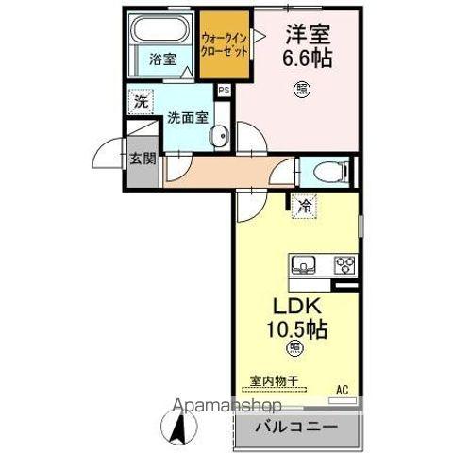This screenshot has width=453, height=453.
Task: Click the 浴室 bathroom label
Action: pyautogui.click(x=162, y=59)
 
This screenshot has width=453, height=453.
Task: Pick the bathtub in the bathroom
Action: pyautogui.click(x=159, y=28)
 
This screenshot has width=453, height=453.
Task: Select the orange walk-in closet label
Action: pyautogui.click(x=226, y=43)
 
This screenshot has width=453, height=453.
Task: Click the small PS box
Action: pyautogui.click(x=224, y=91)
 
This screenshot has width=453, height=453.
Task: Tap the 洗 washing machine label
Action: pyautogui.click(x=140, y=101)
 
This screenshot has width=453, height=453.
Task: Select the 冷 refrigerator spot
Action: pyautogui.click(x=305, y=204)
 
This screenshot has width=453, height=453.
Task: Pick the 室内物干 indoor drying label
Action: pyautogui.click(x=274, y=381)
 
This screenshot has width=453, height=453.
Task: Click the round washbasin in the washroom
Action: pyautogui.click(x=219, y=135)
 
